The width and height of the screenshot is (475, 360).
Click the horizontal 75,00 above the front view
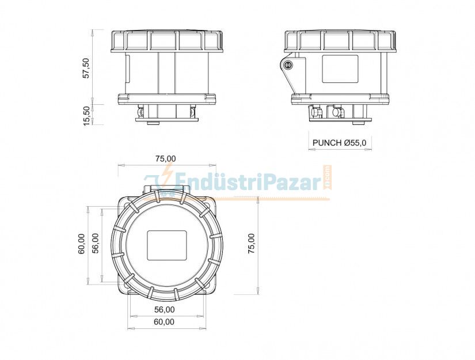tap(166, 158)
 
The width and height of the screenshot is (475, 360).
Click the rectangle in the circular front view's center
tap(167, 245)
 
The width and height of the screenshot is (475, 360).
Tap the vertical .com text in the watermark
tap(328, 177)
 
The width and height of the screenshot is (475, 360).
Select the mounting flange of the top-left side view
tap(166, 98)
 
